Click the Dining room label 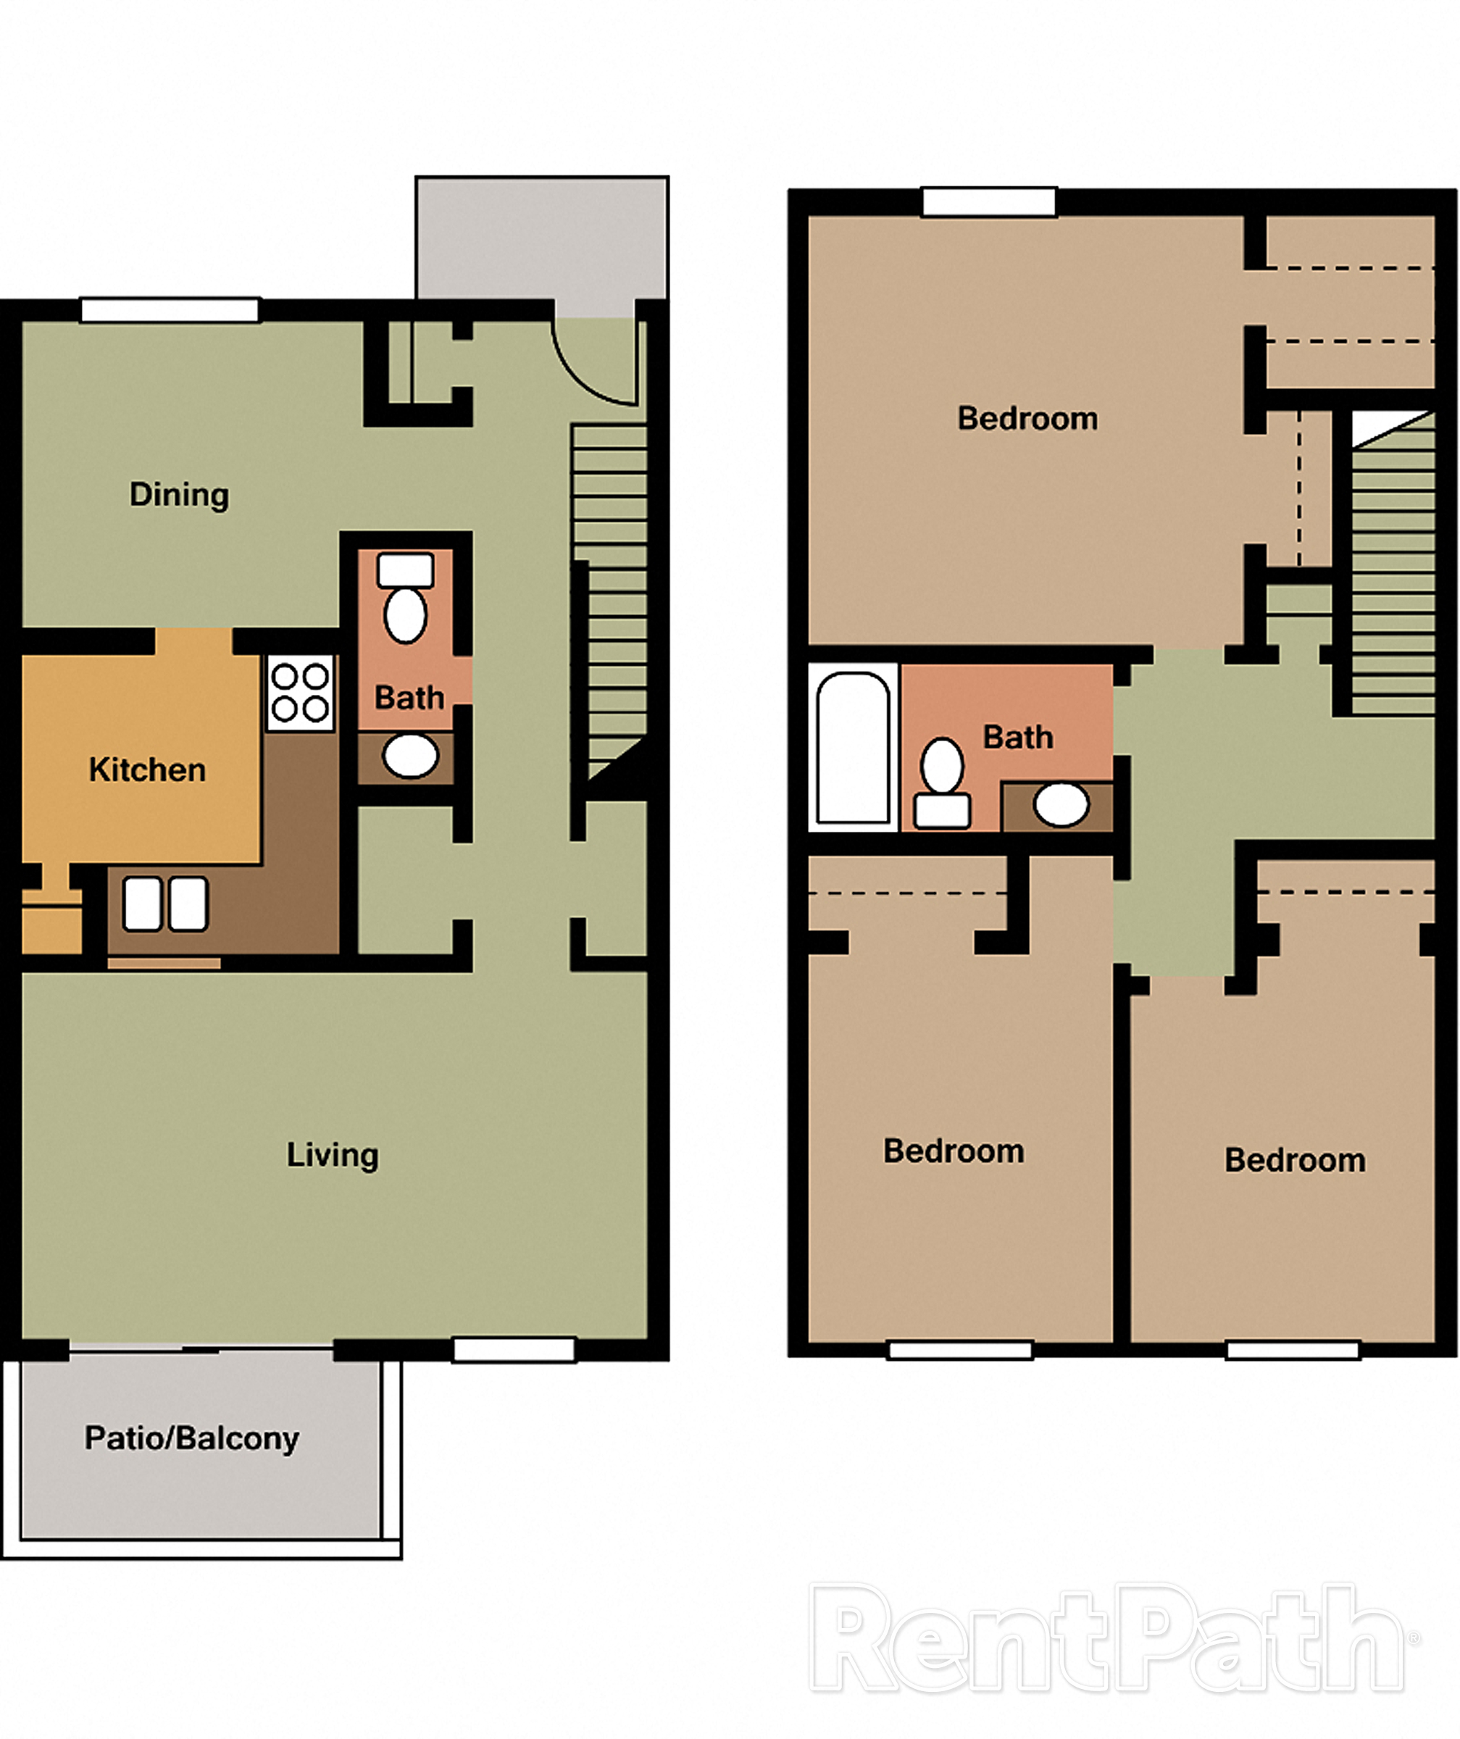click(x=179, y=494)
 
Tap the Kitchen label click(x=146, y=770)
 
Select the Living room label click(x=332, y=1154)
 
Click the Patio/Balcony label click(x=191, y=1438)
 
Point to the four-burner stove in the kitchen click(x=300, y=693)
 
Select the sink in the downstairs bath click(x=411, y=755)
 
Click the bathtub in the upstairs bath click(x=852, y=748)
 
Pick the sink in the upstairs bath click(x=1061, y=804)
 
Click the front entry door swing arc click(x=595, y=364)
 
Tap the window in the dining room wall click(x=170, y=311)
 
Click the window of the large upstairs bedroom click(x=989, y=202)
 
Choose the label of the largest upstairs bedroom click(x=1027, y=418)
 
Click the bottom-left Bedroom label click(x=954, y=1151)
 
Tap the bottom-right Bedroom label click(x=1294, y=1160)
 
